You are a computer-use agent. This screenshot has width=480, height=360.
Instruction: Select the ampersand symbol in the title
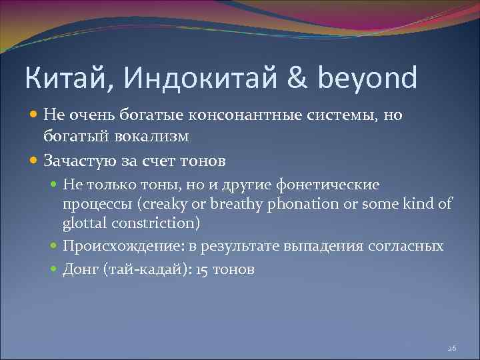[x=295, y=79]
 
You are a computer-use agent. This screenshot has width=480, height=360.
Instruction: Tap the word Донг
[x=79, y=270]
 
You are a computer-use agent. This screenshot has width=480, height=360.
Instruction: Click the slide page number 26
[x=451, y=349]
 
